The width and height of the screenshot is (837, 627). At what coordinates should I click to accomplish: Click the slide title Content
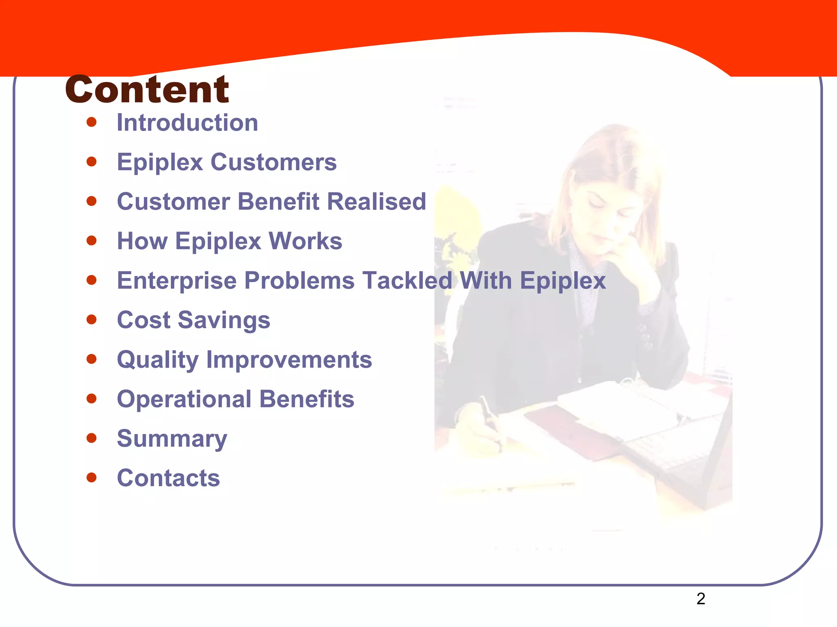147,90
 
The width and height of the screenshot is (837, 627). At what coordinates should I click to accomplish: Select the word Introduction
187,122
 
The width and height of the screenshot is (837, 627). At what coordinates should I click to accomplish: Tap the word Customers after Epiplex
273,162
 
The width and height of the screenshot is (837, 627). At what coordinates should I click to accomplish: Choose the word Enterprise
177,281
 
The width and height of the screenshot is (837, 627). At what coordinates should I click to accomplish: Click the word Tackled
407,281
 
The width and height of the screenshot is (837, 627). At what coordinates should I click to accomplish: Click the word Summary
172,439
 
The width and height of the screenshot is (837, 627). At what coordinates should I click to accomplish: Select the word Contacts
168,478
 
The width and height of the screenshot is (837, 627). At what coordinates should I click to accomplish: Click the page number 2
700,599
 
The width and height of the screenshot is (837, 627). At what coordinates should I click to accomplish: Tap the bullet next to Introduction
92,122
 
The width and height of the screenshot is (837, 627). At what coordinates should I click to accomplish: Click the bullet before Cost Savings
92,319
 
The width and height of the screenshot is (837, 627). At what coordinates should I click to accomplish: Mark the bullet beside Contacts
92,477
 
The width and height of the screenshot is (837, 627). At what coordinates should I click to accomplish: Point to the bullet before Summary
92,438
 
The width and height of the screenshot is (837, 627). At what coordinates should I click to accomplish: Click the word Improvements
289,360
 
